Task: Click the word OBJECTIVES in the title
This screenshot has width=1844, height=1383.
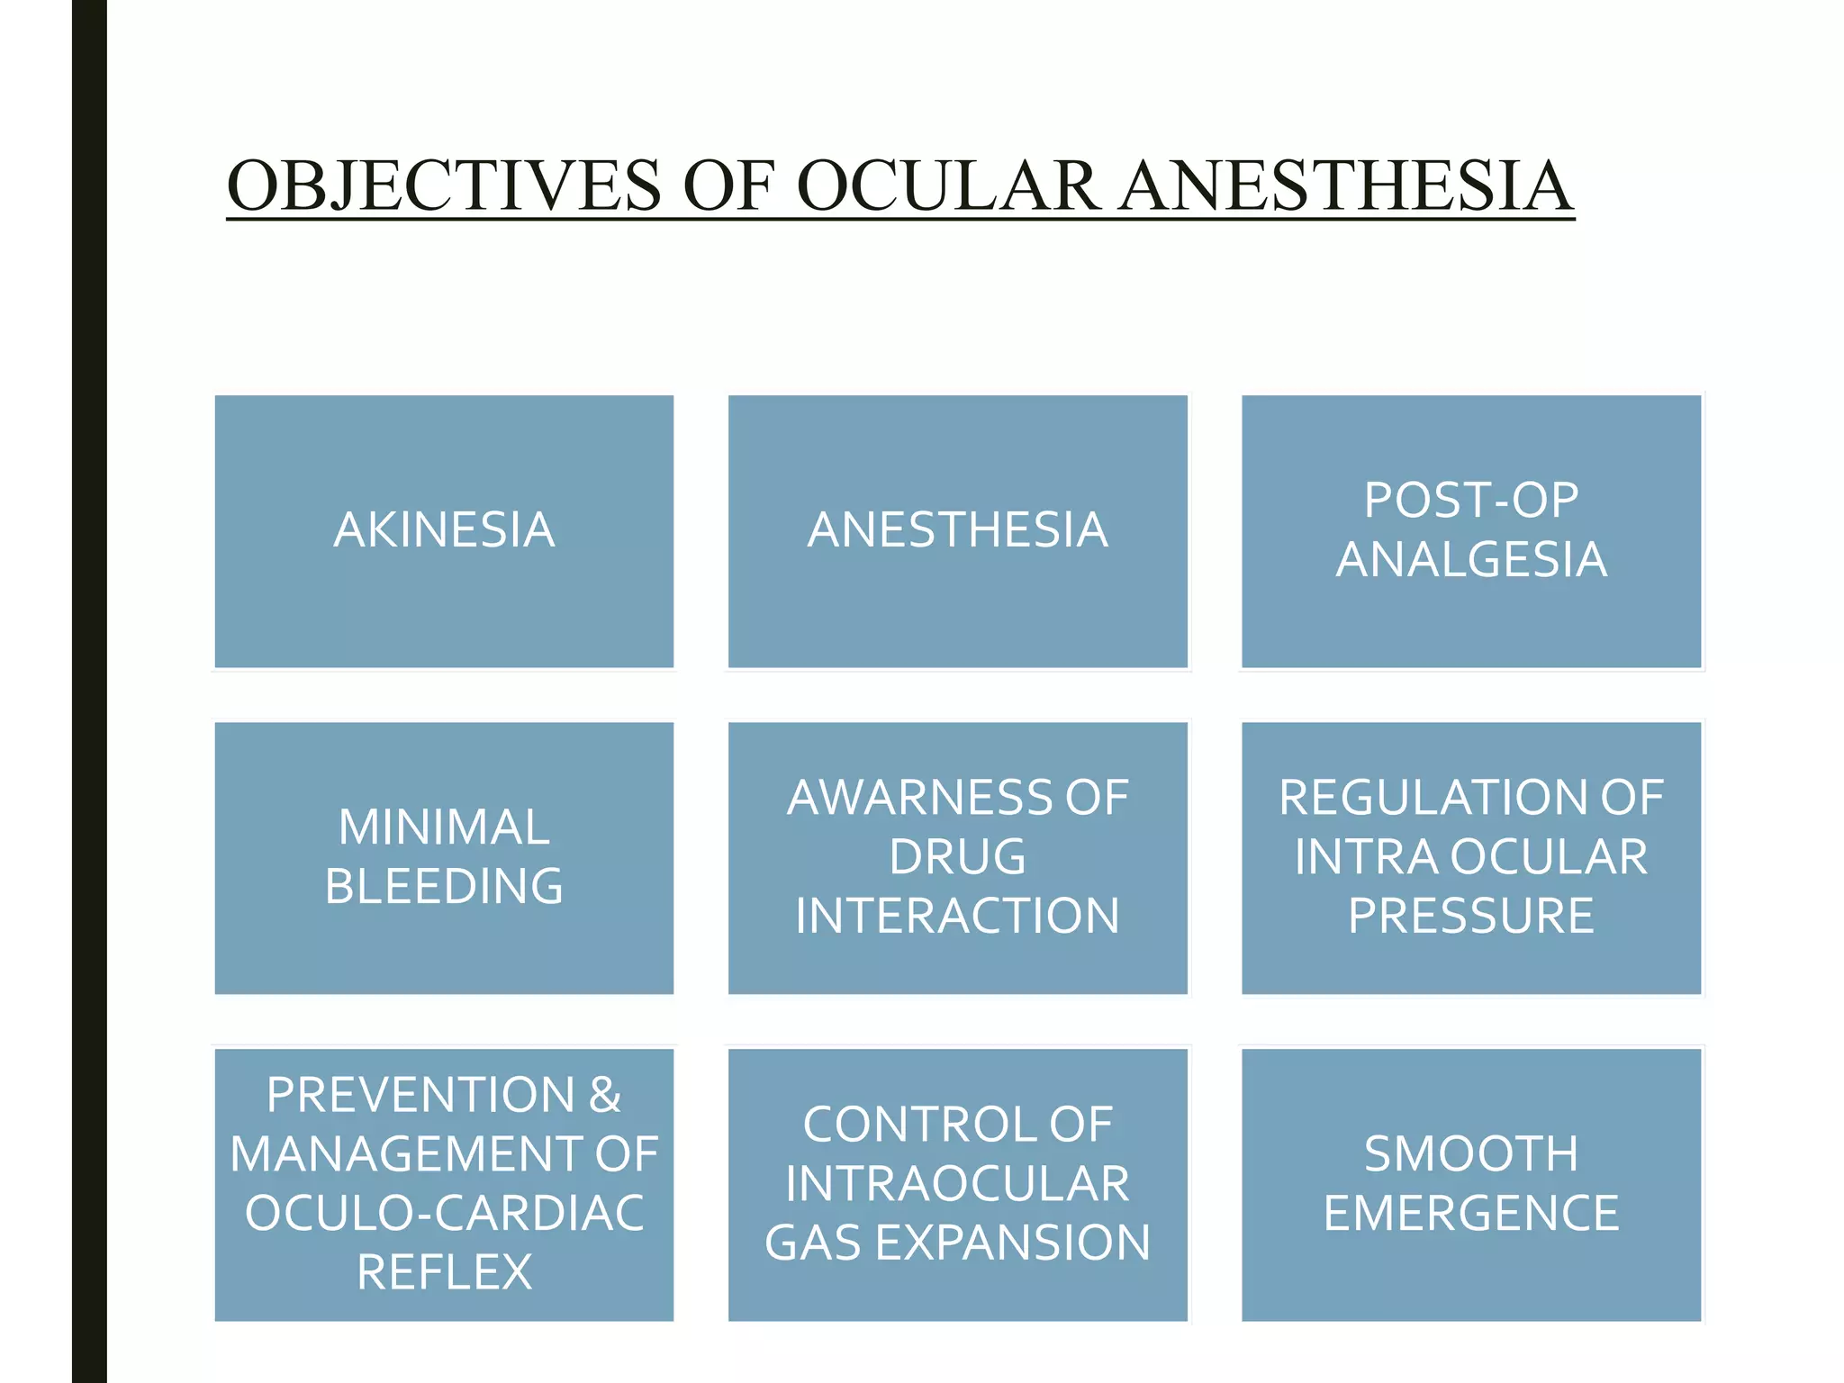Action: point(444,185)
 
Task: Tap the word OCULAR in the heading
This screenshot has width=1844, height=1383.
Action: point(947,185)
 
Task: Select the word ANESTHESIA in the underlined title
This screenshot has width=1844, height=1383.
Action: point(1345,185)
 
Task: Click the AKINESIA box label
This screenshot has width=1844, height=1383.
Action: point(444,529)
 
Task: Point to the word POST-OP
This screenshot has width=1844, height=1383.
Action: point(1471,500)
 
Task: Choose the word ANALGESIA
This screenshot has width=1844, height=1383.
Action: point(1471,559)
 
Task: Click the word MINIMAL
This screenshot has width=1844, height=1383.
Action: point(444,827)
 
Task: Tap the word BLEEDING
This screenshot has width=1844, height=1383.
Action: point(444,886)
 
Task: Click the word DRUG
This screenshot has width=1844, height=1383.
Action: point(957,856)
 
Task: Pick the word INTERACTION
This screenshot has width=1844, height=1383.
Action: point(957,916)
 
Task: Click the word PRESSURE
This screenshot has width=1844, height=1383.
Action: point(1471,916)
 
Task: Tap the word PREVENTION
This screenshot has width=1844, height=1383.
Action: point(420,1095)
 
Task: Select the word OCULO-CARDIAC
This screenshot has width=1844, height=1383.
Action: point(444,1213)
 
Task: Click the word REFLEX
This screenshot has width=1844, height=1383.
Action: point(444,1272)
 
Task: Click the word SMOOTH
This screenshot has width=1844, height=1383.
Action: point(1471,1154)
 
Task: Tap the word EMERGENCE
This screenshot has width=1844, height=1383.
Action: point(1471,1213)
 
